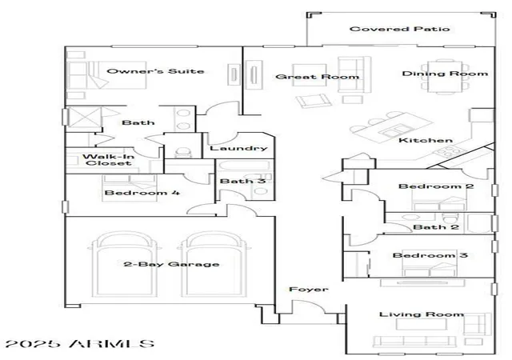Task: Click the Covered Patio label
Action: coord(400,29)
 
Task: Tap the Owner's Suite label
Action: coord(155,71)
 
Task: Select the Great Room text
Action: coord(318,77)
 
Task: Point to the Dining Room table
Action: coord(446,77)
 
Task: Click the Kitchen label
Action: coord(426,140)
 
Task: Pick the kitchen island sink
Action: coord(394,130)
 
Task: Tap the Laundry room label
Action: coord(238,148)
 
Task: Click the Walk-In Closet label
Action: coord(109,160)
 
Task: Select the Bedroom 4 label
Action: coord(142,193)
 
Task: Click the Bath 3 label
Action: coord(242,181)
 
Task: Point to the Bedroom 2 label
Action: coord(436,186)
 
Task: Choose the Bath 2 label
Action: coord(436,226)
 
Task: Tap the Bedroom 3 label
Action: coord(430,255)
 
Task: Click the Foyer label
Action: coord(309,289)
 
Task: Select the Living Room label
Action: coord(422,314)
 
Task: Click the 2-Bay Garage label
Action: coord(171,264)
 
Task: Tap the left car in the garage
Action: coord(125,265)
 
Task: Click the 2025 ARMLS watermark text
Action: coord(80,344)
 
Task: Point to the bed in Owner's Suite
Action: coord(106,75)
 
